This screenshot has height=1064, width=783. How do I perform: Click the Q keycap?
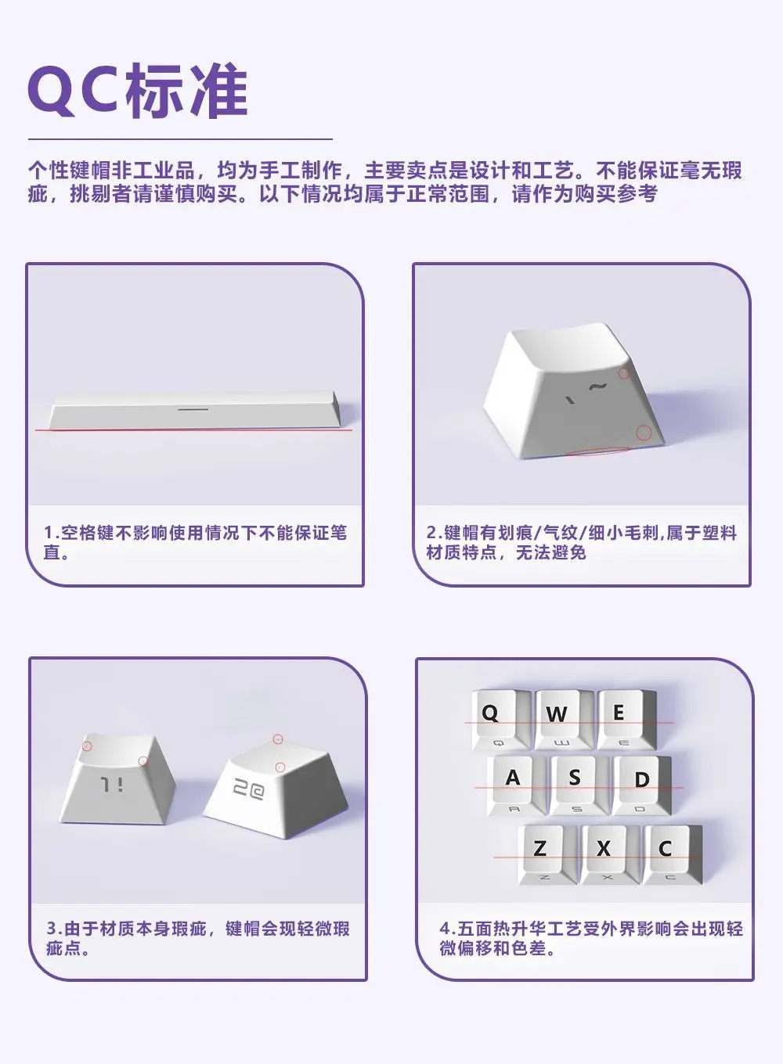pyautogui.click(x=500, y=720)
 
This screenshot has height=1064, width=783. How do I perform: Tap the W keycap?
pyautogui.click(x=564, y=720)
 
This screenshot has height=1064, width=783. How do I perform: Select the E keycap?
pyautogui.click(x=626, y=720)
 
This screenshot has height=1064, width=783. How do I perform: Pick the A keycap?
pyautogui.click(x=516, y=786)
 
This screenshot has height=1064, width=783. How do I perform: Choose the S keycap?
pyautogui.click(x=579, y=786)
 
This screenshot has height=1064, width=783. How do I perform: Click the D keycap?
pyautogui.click(x=642, y=786)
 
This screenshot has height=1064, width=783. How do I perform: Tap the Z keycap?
pyautogui.click(x=547, y=855)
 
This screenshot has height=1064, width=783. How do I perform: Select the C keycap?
pyautogui.click(x=673, y=855)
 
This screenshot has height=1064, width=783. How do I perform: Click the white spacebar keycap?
pyautogui.click(x=195, y=411)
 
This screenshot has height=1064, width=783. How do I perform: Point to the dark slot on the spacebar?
pyautogui.click(x=193, y=408)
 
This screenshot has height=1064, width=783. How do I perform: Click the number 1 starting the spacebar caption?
pyautogui.click(x=48, y=533)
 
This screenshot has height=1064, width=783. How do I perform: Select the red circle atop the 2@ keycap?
pyautogui.click(x=278, y=739)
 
